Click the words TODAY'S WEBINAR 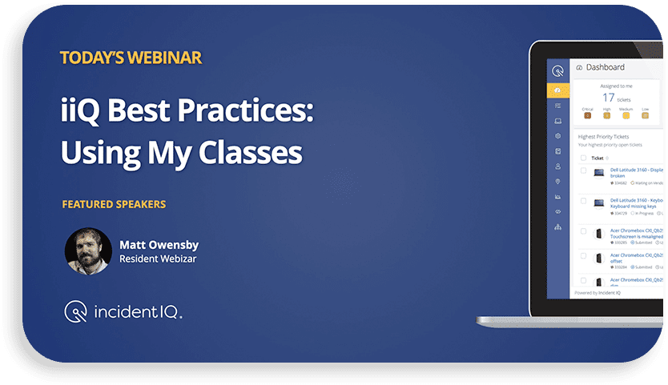tap(130, 58)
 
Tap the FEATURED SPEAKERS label tap(114, 204)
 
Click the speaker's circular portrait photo tap(87, 251)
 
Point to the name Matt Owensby tap(158, 244)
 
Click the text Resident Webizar tap(157, 259)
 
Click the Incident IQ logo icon tap(76, 311)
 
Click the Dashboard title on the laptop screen tap(605, 67)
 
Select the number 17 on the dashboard tap(609, 98)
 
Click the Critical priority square tap(587, 115)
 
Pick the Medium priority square tap(626, 115)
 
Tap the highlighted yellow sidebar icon tap(557, 90)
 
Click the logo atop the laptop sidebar tap(557, 70)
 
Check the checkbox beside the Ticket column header tap(583, 158)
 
